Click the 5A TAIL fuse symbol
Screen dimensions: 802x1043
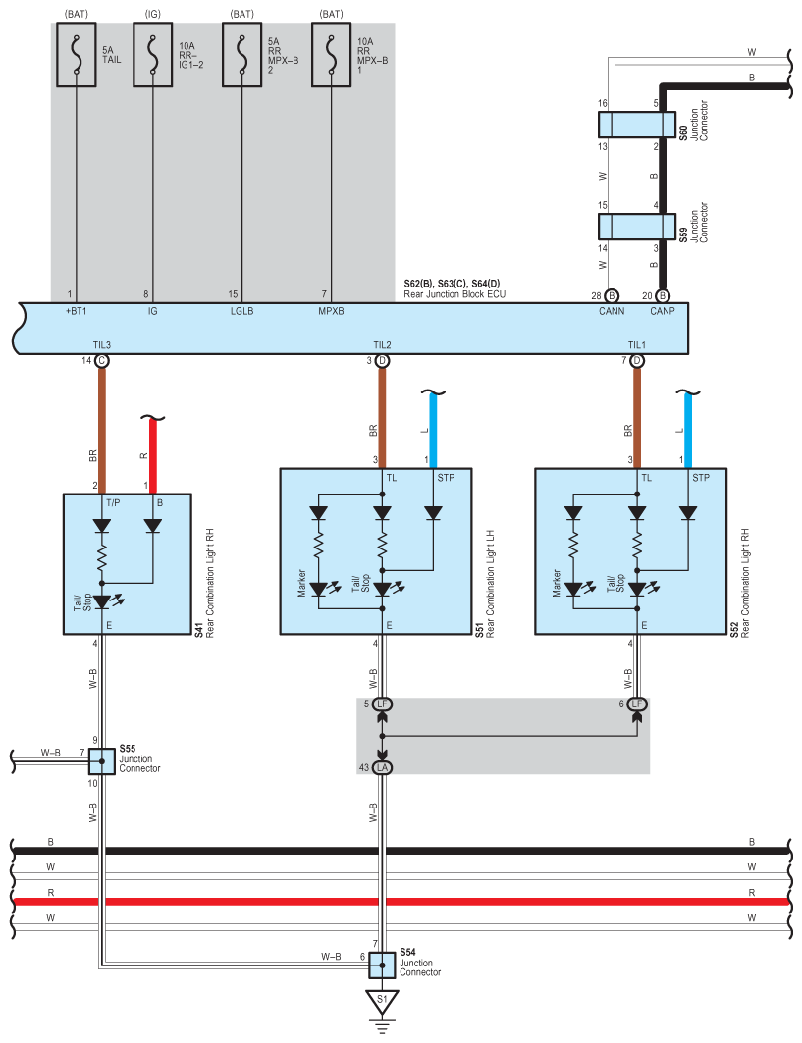point(77,55)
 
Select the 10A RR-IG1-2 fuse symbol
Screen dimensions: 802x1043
point(153,55)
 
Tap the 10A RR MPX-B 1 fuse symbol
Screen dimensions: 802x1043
point(332,55)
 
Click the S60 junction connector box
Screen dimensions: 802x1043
point(637,125)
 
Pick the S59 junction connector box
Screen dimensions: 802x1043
point(637,226)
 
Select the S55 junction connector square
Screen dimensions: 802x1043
point(102,761)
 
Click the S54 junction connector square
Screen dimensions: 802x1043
point(382,965)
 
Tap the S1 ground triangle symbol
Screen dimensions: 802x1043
point(382,1002)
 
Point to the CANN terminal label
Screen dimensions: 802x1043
point(612,311)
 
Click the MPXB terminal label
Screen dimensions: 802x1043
point(332,311)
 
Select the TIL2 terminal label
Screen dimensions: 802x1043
point(382,345)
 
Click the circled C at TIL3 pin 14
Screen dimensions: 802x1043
point(102,361)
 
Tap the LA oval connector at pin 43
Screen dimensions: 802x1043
point(382,767)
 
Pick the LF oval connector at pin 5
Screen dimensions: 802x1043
point(382,704)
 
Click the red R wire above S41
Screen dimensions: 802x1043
point(153,456)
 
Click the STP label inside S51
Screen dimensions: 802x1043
point(446,478)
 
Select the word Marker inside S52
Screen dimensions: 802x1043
point(557,583)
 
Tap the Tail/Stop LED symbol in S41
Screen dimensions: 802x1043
point(103,601)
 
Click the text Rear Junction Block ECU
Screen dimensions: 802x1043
point(454,294)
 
